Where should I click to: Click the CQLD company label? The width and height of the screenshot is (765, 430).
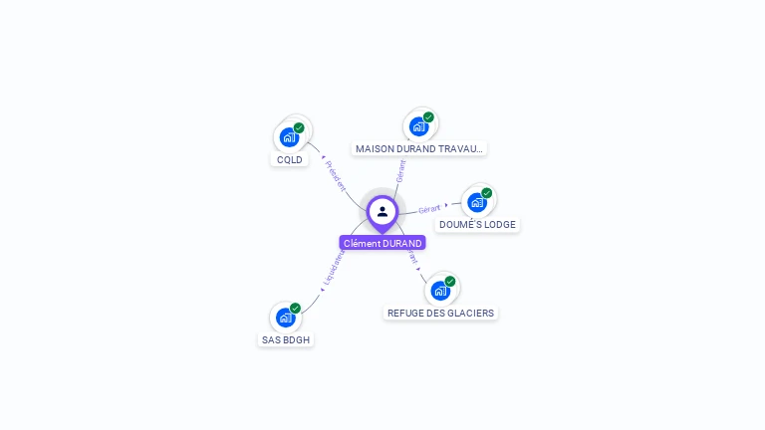(x=290, y=159)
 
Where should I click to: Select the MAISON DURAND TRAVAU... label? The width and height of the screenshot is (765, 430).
(x=419, y=148)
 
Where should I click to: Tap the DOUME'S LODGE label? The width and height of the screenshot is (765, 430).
(x=477, y=224)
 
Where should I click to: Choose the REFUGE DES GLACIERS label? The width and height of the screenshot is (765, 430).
(x=440, y=313)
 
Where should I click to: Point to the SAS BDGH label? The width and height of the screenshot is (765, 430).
(x=286, y=339)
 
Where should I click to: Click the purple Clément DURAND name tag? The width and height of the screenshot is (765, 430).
(x=382, y=243)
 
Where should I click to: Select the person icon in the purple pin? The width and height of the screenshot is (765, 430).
(x=382, y=211)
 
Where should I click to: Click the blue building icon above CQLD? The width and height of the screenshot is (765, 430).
(x=289, y=137)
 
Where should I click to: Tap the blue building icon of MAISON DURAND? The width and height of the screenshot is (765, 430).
(x=418, y=126)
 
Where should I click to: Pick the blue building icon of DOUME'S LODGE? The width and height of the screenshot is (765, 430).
(x=477, y=202)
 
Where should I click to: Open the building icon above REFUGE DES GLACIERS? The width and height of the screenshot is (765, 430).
(x=440, y=291)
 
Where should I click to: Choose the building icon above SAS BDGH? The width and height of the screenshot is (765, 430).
(x=286, y=318)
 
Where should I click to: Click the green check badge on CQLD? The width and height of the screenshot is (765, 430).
(x=299, y=128)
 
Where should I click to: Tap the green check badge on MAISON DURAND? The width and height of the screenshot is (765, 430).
(x=428, y=117)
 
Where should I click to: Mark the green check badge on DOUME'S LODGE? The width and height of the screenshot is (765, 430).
(x=487, y=193)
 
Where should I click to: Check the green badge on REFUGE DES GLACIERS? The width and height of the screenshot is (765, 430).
(x=450, y=282)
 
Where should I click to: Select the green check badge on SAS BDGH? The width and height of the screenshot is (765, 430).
(x=296, y=309)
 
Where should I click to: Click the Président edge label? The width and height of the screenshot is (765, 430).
(x=336, y=174)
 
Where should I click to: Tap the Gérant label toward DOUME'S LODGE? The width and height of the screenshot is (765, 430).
(x=429, y=209)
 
